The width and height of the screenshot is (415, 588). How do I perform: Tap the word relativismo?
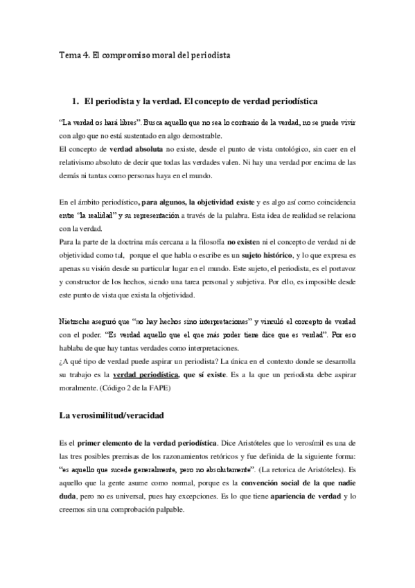[x=80, y=162]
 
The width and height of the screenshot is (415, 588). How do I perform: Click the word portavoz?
[x=340, y=269]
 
